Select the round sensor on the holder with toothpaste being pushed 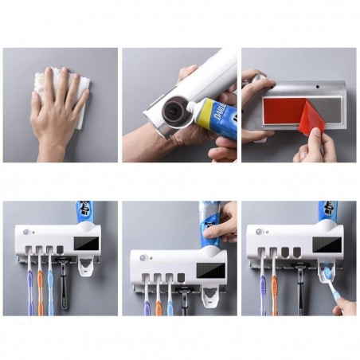click(x=143, y=259)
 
